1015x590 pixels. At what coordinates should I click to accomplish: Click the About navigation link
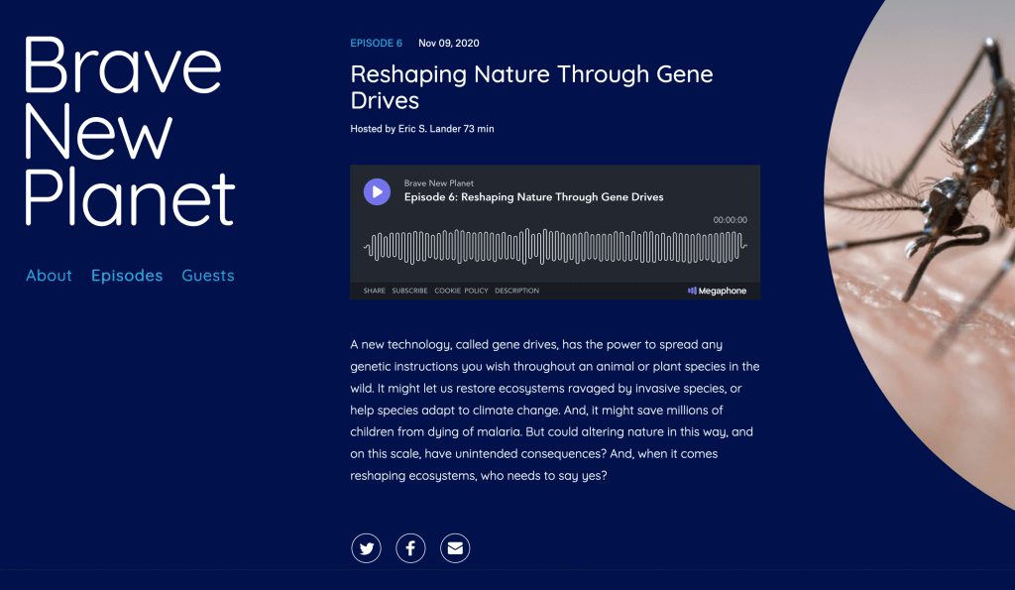click(49, 276)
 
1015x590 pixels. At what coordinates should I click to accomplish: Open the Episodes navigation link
click(127, 276)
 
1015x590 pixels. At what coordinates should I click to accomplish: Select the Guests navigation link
click(208, 276)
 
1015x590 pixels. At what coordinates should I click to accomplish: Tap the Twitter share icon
click(367, 548)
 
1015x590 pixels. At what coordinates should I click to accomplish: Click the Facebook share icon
click(410, 548)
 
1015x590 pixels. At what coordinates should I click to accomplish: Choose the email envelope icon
click(455, 548)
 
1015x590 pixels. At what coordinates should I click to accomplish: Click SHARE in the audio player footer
click(374, 291)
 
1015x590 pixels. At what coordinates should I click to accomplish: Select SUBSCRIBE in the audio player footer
click(409, 291)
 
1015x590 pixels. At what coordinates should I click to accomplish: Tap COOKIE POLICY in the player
click(461, 291)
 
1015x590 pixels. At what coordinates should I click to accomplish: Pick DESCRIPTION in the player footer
click(516, 291)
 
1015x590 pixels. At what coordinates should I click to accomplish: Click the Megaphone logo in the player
click(717, 291)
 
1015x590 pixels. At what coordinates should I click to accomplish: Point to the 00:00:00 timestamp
click(731, 220)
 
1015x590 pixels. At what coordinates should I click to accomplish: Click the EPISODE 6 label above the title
click(376, 44)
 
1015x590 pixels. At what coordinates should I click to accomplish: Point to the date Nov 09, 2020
click(449, 44)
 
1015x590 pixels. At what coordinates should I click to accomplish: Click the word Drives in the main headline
click(385, 101)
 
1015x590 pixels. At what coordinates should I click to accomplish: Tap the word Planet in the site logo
click(130, 196)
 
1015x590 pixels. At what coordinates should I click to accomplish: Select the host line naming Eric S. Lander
click(422, 129)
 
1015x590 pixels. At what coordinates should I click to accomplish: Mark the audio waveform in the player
click(555, 246)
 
